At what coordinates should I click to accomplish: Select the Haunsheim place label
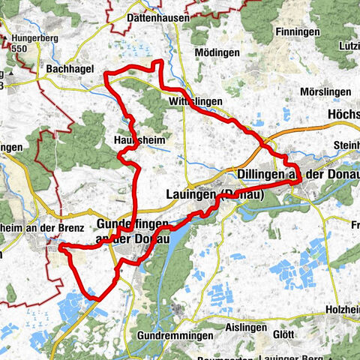139,139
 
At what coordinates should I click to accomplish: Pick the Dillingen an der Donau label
297,174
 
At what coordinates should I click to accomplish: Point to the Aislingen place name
245,329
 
